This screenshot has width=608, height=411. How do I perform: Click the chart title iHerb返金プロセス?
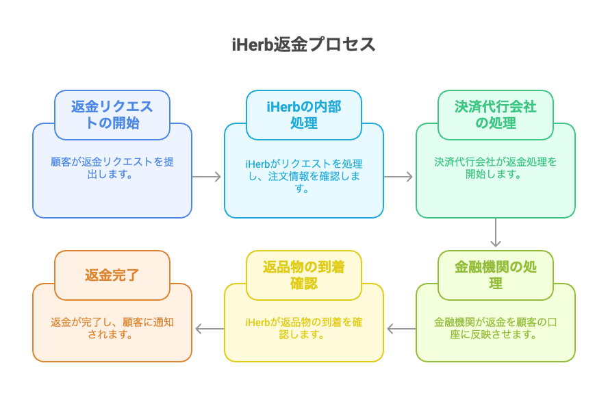pos(303,45)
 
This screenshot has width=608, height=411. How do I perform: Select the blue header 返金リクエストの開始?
pos(112,115)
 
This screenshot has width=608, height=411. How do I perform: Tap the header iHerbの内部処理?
pos(304,115)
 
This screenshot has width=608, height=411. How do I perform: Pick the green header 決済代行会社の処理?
pos(496,115)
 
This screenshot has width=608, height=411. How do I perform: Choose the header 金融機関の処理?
pos(496,275)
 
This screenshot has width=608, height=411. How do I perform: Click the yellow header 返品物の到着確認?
pos(304,275)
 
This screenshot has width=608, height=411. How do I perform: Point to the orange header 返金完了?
pos(112,275)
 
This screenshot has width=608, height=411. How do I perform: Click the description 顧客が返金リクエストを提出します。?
pos(112,168)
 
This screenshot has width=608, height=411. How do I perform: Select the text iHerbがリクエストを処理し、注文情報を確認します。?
pos(304,176)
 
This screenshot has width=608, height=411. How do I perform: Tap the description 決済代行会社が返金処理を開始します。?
pos(496,168)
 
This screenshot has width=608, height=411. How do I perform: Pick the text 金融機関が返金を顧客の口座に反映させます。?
pos(496,328)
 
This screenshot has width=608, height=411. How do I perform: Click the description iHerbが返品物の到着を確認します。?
pos(304,328)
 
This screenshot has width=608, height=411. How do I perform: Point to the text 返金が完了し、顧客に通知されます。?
pos(112,328)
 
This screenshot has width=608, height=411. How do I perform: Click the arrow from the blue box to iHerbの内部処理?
pos(207,177)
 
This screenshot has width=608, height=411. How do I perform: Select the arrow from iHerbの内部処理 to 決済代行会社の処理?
pos(398,177)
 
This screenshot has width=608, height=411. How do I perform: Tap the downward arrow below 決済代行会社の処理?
pos(496,232)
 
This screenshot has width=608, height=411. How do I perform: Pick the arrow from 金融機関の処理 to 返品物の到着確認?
pos(401,329)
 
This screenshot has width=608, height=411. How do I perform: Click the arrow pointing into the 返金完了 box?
pos(210,329)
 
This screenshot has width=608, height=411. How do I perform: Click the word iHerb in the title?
pos(253,45)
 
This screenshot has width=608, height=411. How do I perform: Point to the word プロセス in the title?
pos(342,45)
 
